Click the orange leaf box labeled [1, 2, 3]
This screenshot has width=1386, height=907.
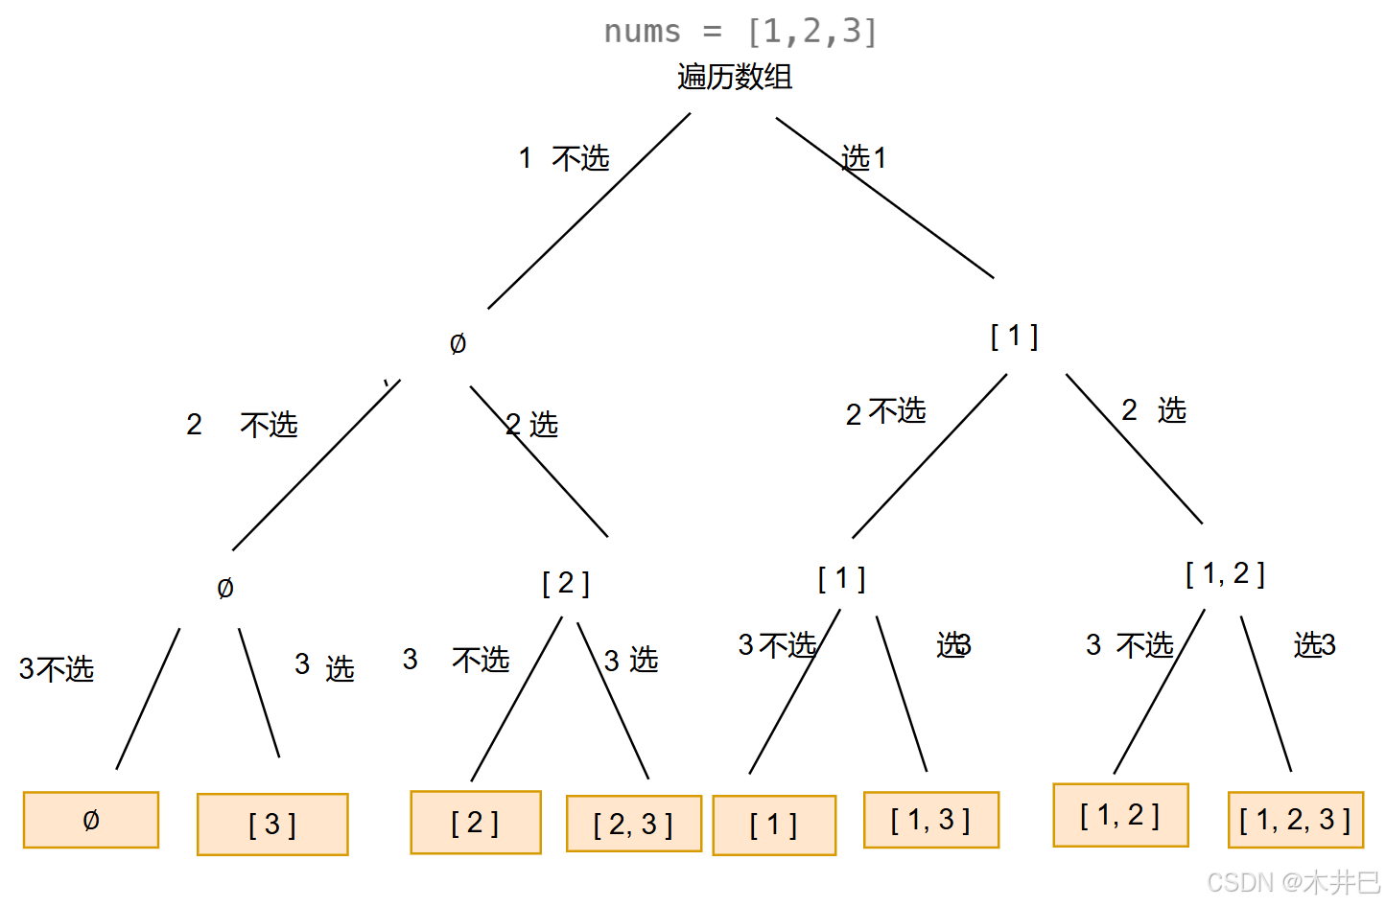(x=1295, y=820)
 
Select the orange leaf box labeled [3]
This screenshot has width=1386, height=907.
(x=272, y=825)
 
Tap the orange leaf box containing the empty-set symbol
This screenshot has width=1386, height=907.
(x=91, y=820)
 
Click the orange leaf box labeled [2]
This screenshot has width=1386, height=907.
(x=476, y=823)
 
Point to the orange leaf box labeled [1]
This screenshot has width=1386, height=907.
(x=774, y=825)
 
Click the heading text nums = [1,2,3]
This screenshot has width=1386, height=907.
(x=740, y=32)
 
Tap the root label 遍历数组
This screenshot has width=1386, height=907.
(x=735, y=77)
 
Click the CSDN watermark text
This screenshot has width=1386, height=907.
(x=1292, y=882)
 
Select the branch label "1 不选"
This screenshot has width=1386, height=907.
(x=564, y=158)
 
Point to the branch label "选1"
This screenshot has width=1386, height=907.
(x=863, y=157)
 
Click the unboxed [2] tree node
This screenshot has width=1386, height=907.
(x=566, y=583)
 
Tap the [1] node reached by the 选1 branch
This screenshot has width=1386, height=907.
(x=1014, y=337)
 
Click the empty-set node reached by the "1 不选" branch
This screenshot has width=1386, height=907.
(x=458, y=343)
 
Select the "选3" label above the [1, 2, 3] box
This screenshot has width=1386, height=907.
(x=1314, y=645)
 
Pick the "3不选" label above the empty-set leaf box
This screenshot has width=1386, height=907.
(x=57, y=668)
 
